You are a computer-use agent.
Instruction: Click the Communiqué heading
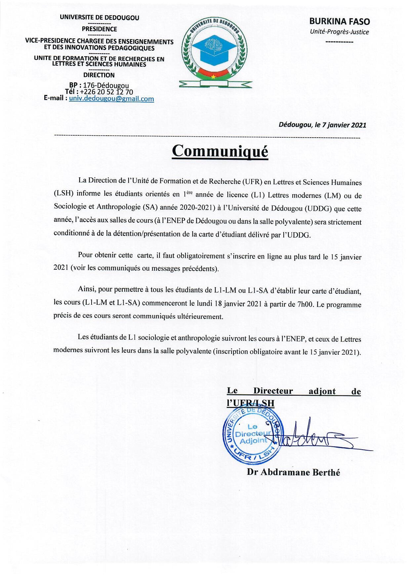click(x=220, y=151)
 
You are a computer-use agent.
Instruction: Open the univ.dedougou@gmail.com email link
click(x=111, y=99)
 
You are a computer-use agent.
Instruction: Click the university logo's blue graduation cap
click(x=215, y=47)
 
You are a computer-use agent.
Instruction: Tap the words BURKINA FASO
click(x=339, y=22)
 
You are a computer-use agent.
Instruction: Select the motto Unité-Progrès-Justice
click(x=339, y=32)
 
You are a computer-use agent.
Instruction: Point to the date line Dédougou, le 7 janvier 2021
click(x=322, y=125)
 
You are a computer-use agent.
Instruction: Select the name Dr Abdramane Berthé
click(x=293, y=472)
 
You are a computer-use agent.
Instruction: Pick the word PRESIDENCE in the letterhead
click(x=99, y=29)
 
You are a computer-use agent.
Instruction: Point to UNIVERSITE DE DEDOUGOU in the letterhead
click(x=99, y=18)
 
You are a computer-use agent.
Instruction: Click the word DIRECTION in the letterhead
click(x=99, y=75)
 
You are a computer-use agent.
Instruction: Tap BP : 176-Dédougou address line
click(x=99, y=86)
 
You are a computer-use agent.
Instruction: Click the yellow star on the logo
click(x=213, y=76)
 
